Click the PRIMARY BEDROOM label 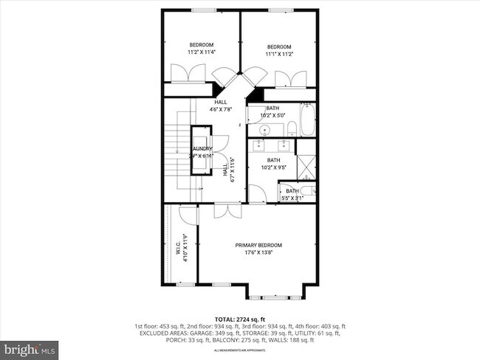pos(258,245)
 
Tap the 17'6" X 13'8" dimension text pos(258,252)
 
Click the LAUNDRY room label pos(201,149)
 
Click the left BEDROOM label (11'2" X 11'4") pos(201,46)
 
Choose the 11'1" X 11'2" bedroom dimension pos(279,53)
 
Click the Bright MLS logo pos(30,347)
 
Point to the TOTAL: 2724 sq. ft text pos(239,318)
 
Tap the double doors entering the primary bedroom pos(226,210)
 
